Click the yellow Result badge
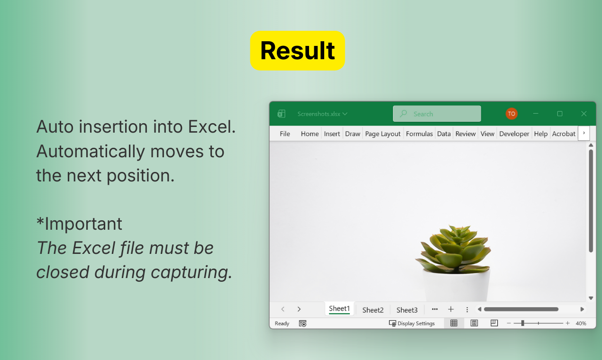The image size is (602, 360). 297,51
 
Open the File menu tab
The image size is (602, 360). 285,134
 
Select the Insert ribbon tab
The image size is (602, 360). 332,134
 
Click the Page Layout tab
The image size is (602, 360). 383,134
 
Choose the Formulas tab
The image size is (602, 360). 419,134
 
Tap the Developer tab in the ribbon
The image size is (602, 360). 514,134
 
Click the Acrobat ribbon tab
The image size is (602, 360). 564,134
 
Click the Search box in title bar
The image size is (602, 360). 437,114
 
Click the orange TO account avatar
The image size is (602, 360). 511,114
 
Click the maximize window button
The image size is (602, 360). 560,114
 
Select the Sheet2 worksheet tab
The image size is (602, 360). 373,310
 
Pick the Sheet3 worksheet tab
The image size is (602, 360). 407,310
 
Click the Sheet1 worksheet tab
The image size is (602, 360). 339,309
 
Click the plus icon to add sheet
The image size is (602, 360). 451,309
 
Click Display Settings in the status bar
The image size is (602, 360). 412,324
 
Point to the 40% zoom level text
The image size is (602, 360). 581,324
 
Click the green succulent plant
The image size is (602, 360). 453,249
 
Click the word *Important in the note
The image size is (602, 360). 79,224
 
